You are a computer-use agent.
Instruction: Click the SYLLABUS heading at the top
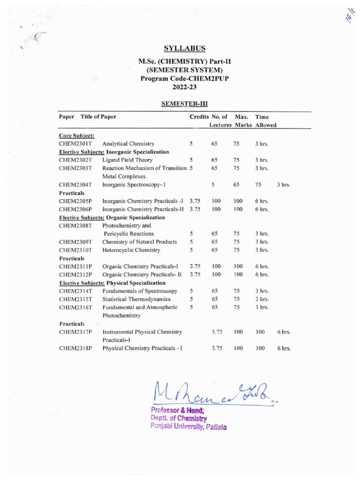point(185,48)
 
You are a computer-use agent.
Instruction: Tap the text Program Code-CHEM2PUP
point(185,79)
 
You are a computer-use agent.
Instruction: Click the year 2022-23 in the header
point(185,87)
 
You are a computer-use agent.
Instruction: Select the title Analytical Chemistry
point(128,144)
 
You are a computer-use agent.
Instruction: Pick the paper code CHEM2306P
point(75,209)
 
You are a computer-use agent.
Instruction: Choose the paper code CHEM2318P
point(75,348)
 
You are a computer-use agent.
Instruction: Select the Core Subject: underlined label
point(76,135)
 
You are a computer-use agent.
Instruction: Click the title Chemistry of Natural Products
point(139,242)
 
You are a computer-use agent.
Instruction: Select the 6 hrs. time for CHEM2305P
point(262,201)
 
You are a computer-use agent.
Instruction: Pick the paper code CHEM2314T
point(75,291)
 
